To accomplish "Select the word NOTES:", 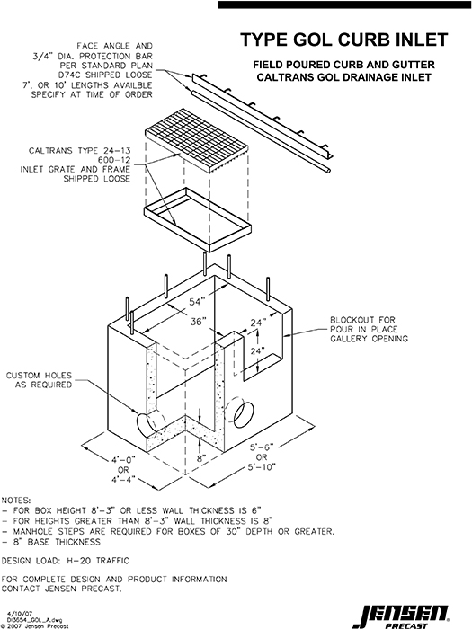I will pos(20,498).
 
